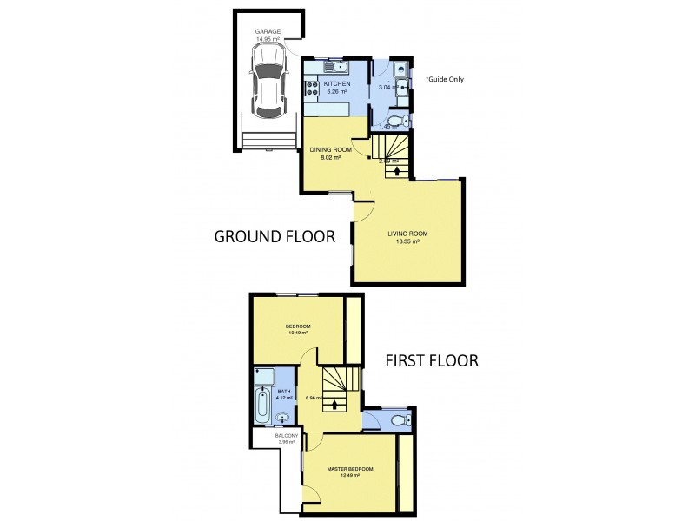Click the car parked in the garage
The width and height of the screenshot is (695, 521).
pyautogui.click(x=268, y=83)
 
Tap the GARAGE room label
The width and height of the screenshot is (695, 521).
pyautogui.click(x=268, y=31)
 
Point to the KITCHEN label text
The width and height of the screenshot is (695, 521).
pyautogui.click(x=337, y=83)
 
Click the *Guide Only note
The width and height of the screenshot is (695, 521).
pyautogui.click(x=445, y=79)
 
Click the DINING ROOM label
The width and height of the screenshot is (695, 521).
pyautogui.click(x=331, y=150)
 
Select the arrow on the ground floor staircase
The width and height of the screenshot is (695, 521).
pyautogui.click(x=397, y=170)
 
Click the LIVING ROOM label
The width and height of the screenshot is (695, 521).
pyautogui.click(x=407, y=234)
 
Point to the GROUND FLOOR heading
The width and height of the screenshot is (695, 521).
pyautogui.click(x=275, y=235)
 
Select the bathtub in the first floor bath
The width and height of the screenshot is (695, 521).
pyautogui.click(x=262, y=405)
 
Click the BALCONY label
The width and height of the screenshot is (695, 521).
pyautogui.click(x=287, y=435)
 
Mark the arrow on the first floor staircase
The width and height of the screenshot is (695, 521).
pyautogui.click(x=334, y=402)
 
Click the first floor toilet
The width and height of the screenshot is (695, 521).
pyautogui.click(x=398, y=421)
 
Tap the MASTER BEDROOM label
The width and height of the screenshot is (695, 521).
pyautogui.click(x=350, y=469)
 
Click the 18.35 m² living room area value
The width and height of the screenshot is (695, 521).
pyautogui.click(x=407, y=241)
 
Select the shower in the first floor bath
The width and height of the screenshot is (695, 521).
pyautogui.click(x=263, y=377)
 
